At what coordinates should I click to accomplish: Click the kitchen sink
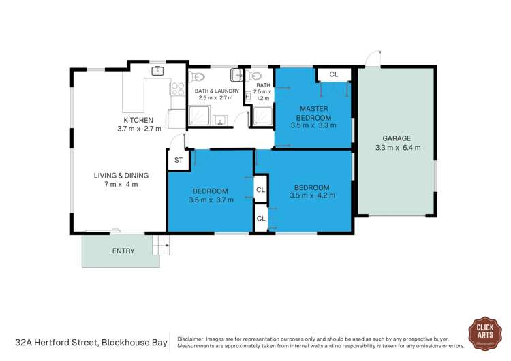[x=157, y=70]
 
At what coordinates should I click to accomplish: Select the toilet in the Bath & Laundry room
[x=235, y=74]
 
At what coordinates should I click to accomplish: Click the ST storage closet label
[x=178, y=160]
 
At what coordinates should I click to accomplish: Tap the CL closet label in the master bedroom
[x=333, y=74]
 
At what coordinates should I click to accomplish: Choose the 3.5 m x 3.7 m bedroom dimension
[x=211, y=200]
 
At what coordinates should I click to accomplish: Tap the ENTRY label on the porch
[x=123, y=251]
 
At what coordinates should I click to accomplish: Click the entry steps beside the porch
[x=160, y=242]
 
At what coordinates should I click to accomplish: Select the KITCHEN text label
[x=139, y=119]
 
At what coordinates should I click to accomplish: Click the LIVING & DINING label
[x=121, y=175]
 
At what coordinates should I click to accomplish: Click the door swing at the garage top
[x=371, y=58]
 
